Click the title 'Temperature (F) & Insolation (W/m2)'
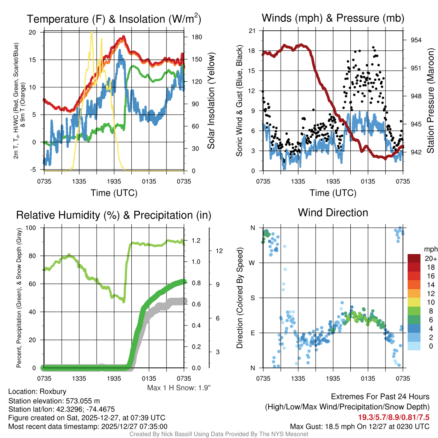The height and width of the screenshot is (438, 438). (x=114, y=19)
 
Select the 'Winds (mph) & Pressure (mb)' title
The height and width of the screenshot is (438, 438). (x=333, y=18)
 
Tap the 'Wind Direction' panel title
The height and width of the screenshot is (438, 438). (x=333, y=213)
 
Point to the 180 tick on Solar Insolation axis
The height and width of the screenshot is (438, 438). (x=197, y=37)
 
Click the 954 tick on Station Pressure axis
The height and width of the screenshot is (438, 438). (x=416, y=40)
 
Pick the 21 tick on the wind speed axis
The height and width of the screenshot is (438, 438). (x=252, y=31)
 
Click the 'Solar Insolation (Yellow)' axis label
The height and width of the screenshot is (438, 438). (x=211, y=101)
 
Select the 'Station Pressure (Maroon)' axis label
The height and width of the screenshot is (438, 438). (x=430, y=101)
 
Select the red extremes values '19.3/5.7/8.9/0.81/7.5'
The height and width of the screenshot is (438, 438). (x=394, y=417)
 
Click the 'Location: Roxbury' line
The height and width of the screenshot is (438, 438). (x=37, y=392)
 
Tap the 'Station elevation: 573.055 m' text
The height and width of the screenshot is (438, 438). (x=54, y=401)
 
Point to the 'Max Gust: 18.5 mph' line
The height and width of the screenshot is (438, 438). (x=359, y=426)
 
